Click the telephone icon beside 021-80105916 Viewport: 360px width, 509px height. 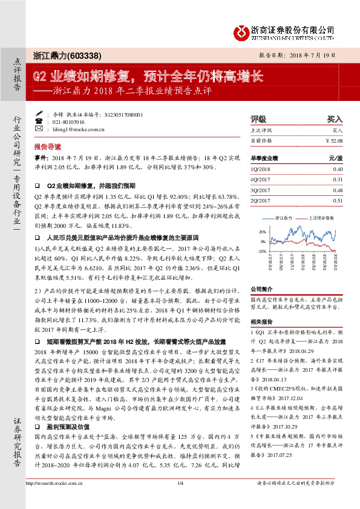[x=39, y=122]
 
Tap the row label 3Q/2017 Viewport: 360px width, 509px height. [x=262, y=190]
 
